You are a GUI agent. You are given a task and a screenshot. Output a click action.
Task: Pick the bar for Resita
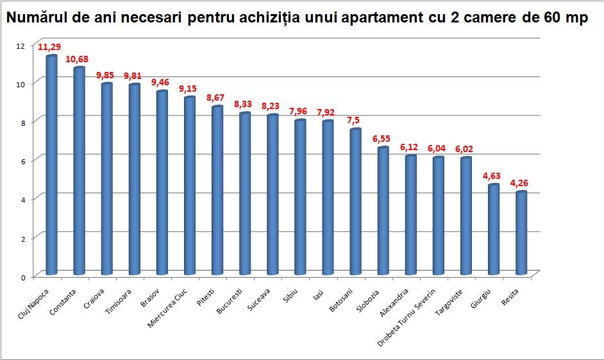(521, 234)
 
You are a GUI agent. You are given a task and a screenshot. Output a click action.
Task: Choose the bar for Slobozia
(383, 211)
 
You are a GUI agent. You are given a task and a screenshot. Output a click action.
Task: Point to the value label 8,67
(217, 98)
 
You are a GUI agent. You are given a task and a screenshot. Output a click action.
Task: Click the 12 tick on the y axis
(21, 46)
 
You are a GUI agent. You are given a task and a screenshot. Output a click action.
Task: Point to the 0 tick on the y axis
(22, 277)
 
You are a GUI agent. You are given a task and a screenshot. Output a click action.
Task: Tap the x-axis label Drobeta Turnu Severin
(416, 317)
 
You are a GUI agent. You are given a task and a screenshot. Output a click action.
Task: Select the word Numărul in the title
(31, 18)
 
